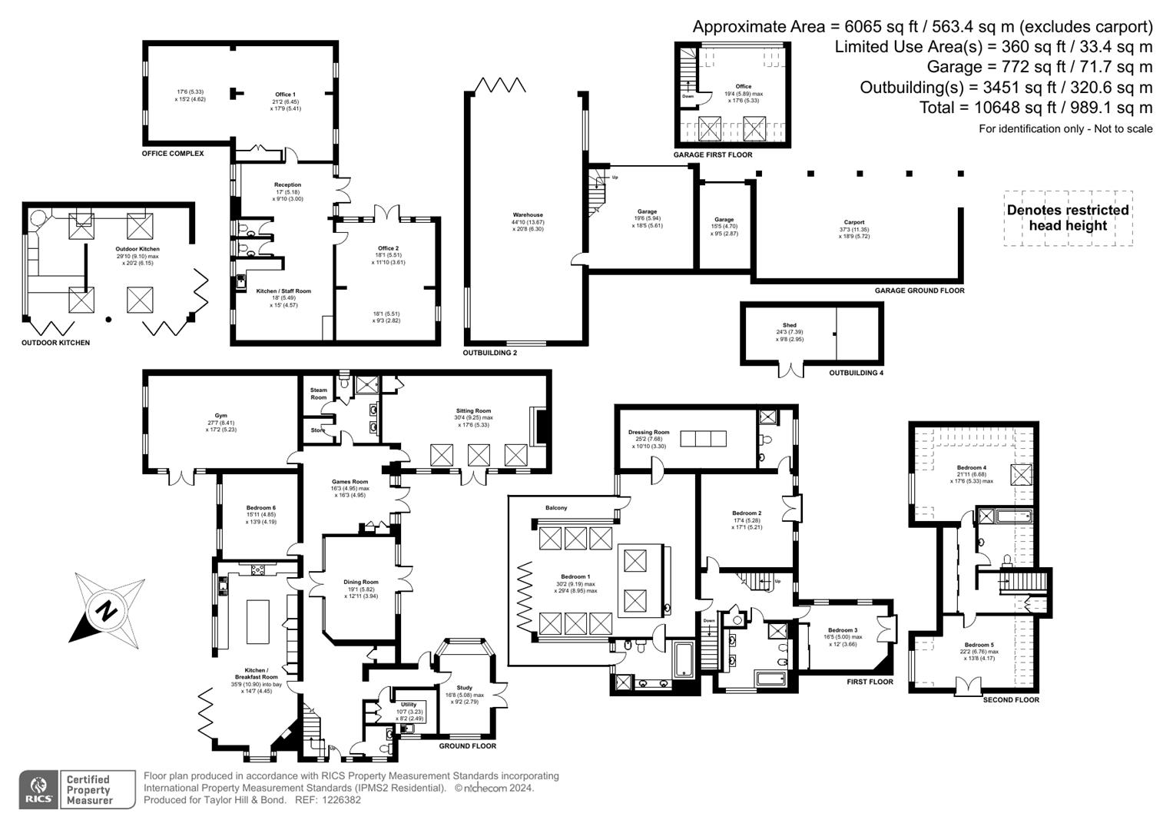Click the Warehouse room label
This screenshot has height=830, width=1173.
pyautogui.click(x=528, y=215)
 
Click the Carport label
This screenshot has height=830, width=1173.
pyautogui.click(x=853, y=222)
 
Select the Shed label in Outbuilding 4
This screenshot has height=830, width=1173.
pyautogui.click(x=789, y=325)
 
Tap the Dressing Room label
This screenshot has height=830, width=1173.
pyautogui.click(x=648, y=432)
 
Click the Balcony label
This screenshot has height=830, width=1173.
pyautogui.click(x=556, y=508)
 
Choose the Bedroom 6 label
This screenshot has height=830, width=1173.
pyautogui.click(x=260, y=507)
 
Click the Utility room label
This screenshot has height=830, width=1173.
pyautogui.click(x=409, y=704)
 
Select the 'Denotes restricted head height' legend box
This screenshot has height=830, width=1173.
pyautogui.click(x=1068, y=218)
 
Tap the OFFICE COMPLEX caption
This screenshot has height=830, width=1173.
pyautogui.click(x=173, y=154)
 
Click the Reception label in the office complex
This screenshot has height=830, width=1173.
pyautogui.click(x=287, y=184)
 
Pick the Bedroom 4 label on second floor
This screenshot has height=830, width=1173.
pyautogui.click(x=971, y=467)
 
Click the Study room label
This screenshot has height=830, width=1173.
pyautogui.click(x=464, y=688)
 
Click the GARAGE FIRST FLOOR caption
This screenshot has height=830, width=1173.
pyautogui.click(x=712, y=154)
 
